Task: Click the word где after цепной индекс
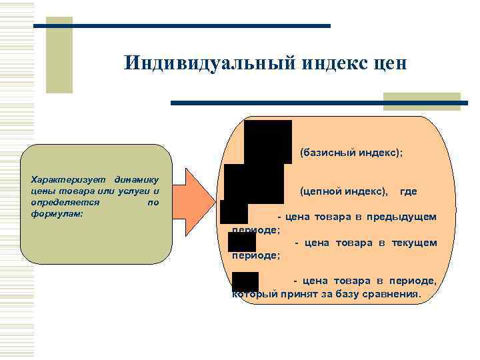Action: point(408,191)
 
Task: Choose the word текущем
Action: point(417,243)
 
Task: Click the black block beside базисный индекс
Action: point(268,142)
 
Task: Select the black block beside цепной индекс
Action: point(254,184)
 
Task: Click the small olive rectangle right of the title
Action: point(421,101)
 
